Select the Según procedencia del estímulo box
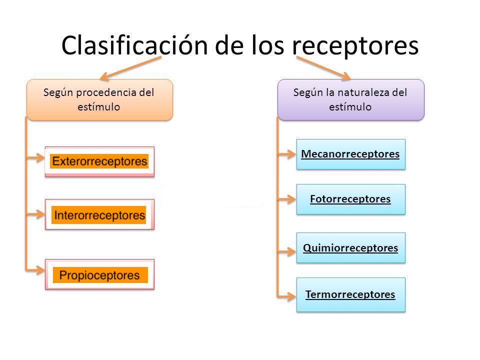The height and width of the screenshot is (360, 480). [99, 99]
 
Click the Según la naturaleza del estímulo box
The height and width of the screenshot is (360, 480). [350, 99]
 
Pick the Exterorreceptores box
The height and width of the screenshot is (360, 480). [99, 161]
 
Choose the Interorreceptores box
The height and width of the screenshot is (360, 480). [99, 214]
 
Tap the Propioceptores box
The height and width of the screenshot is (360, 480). [99, 274]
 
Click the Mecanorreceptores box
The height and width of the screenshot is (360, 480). [350, 154]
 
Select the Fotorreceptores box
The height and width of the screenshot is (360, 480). [350, 199]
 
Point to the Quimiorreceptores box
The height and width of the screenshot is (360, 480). [350, 247]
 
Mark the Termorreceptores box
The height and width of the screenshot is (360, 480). [350, 294]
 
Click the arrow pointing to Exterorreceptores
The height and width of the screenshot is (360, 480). [35, 158]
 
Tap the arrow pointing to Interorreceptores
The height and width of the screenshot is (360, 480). [35, 214]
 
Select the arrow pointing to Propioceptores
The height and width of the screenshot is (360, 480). [35, 270]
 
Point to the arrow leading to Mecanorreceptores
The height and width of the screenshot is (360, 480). [287, 154]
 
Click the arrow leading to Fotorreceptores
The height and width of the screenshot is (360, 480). [287, 199]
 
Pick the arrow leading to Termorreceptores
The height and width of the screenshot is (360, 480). [287, 295]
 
